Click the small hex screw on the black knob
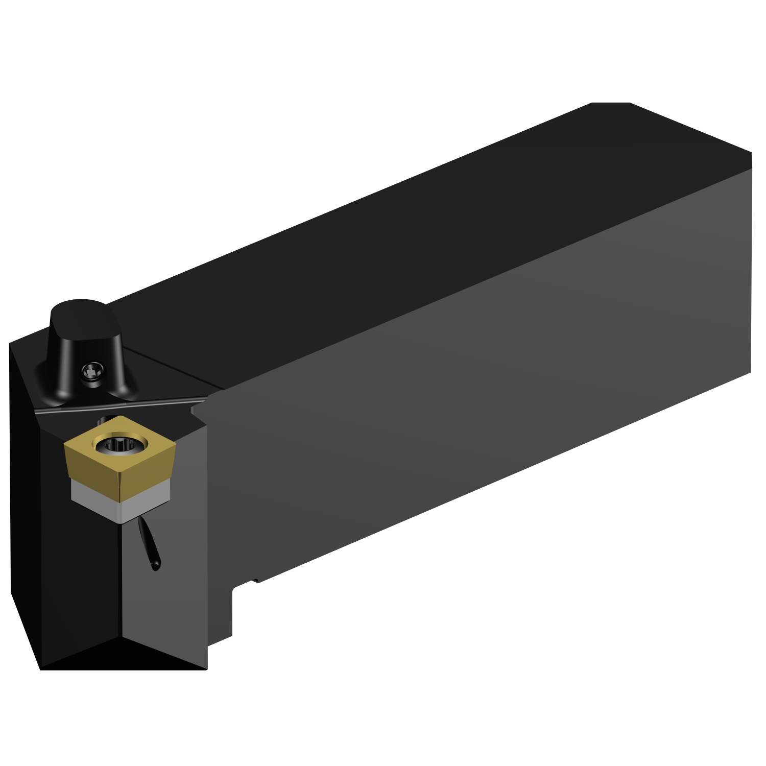click(93, 371)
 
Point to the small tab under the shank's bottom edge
click(254, 581)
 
